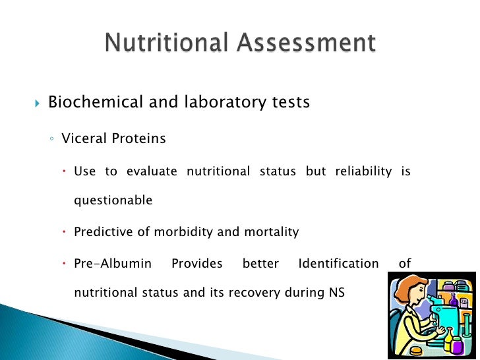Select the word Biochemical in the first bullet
96,103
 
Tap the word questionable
113,200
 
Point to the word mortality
271,232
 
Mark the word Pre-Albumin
113,264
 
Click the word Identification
338,264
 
